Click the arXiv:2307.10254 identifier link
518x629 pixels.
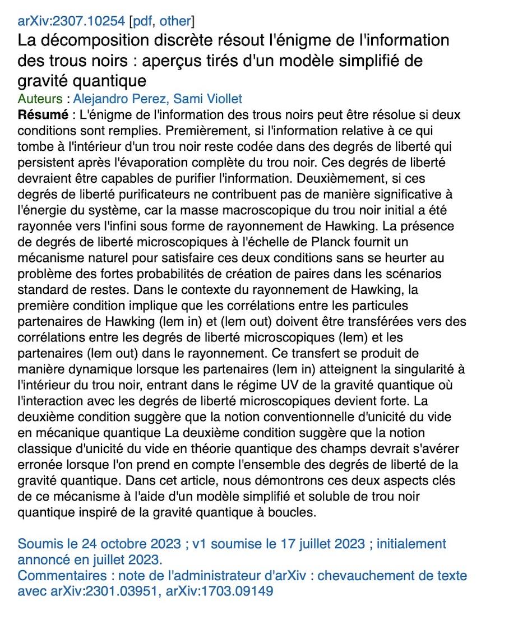(x=71, y=21)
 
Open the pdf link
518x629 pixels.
(x=144, y=21)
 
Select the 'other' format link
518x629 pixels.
(x=175, y=21)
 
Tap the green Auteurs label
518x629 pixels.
(x=40, y=99)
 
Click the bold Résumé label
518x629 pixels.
(x=39, y=115)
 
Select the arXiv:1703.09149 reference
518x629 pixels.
(x=219, y=590)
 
